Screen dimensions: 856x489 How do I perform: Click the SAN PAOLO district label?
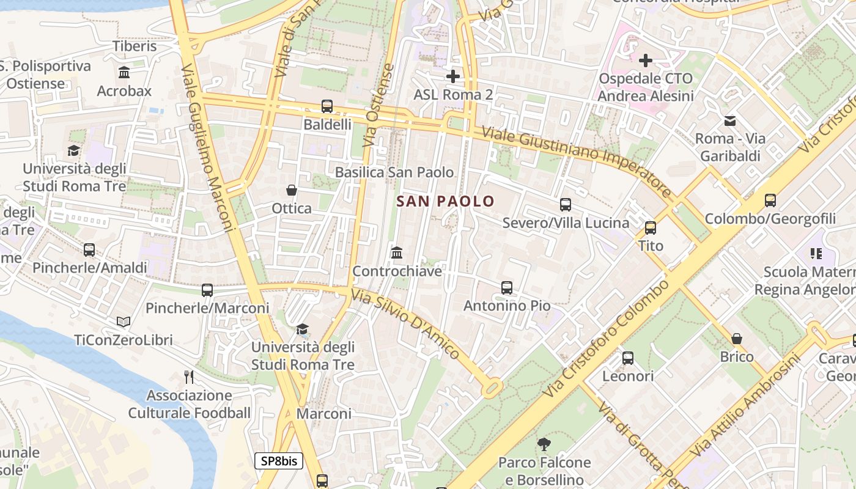point(445,200)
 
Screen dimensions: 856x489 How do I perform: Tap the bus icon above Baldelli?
point(327,106)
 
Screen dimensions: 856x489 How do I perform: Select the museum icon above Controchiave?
point(397,252)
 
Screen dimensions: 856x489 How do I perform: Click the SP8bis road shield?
point(279,461)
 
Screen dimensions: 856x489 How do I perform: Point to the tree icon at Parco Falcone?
point(544,444)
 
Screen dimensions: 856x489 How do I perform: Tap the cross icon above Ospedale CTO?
point(645,61)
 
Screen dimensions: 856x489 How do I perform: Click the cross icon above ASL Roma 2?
point(452,76)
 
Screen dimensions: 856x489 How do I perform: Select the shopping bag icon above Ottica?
point(292,190)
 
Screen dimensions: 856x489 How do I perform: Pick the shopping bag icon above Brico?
point(737,338)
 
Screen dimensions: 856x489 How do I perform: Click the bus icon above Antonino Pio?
point(506,287)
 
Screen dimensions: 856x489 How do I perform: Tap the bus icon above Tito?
point(650,228)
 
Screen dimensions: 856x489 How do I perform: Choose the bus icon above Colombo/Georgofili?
point(770,200)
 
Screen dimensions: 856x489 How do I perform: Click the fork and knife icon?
point(189,377)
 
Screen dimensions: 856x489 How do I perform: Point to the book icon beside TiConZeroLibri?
point(124,322)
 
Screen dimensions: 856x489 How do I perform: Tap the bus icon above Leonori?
point(627,358)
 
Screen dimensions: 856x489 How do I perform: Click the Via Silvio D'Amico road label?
point(405,323)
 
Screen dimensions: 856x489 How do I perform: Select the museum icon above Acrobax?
point(124,73)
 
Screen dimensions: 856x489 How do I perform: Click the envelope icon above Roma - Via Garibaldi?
point(729,120)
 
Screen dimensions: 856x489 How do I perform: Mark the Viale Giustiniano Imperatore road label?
point(576,161)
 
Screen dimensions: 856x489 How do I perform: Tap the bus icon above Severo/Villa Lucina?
point(566,205)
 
